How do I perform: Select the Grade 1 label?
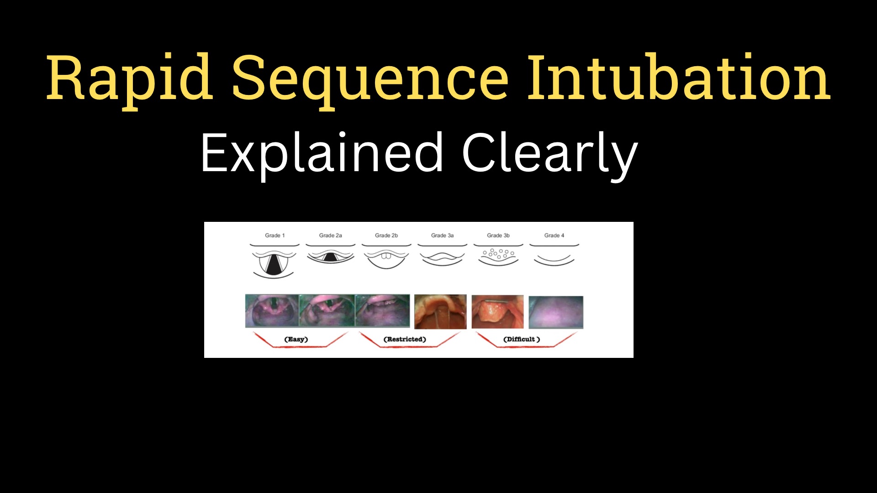(x=275, y=236)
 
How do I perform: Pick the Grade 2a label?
(x=330, y=236)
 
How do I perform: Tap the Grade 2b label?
(x=386, y=236)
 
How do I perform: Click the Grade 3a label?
(x=442, y=236)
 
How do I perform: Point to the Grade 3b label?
(x=498, y=236)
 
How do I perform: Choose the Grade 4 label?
(x=554, y=236)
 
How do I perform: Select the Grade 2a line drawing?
(x=330, y=254)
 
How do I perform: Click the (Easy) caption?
(x=296, y=339)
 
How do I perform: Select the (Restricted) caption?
(x=405, y=339)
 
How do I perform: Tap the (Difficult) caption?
(x=522, y=339)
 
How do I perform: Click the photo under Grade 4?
(x=556, y=312)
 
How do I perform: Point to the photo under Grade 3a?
(x=440, y=312)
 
